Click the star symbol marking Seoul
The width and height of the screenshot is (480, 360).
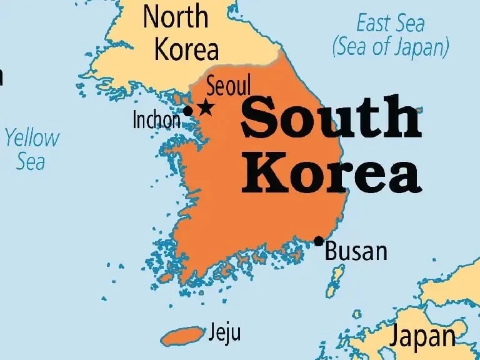(x=205, y=107)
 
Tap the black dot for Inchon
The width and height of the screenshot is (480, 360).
(x=187, y=111)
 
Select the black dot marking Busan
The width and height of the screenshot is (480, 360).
(x=319, y=241)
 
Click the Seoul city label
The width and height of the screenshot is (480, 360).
(x=228, y=86)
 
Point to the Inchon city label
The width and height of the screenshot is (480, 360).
(x=156, y=119)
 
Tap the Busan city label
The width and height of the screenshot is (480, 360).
(x=356, y=252)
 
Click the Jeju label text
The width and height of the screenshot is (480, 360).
(x=225, y=331)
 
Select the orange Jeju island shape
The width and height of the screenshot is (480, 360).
(x=182, y=336)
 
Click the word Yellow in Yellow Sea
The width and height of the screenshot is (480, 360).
(x=32, y=139)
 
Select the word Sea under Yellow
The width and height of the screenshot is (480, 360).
(x=31, y=162)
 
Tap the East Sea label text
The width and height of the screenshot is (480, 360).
(x=390, y=24)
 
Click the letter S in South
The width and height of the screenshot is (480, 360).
(x=259, y=120)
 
